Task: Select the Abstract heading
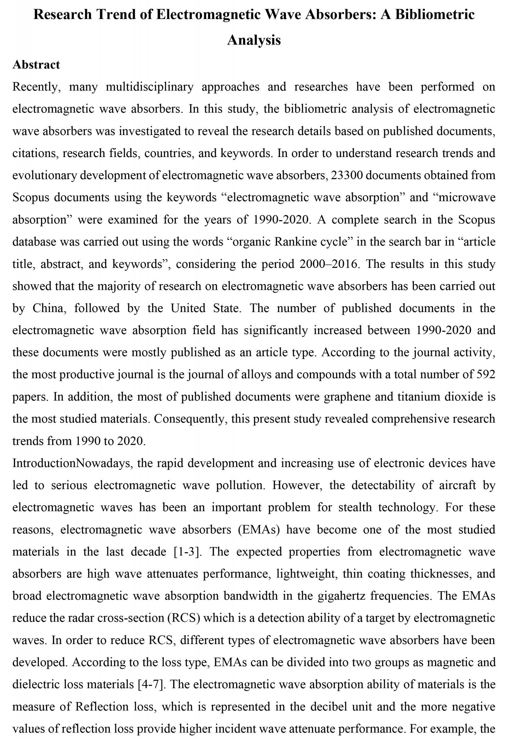[x=36, y=65]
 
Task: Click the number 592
[x=486, y=374]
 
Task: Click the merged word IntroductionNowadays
[x=71, y=463]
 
